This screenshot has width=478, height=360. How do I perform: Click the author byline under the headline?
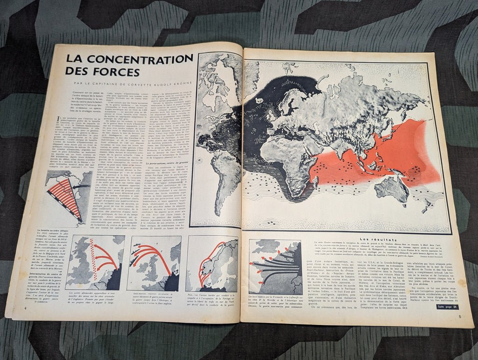129,84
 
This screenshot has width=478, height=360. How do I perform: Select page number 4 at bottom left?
25,308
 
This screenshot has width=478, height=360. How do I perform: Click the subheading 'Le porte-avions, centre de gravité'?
158,162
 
